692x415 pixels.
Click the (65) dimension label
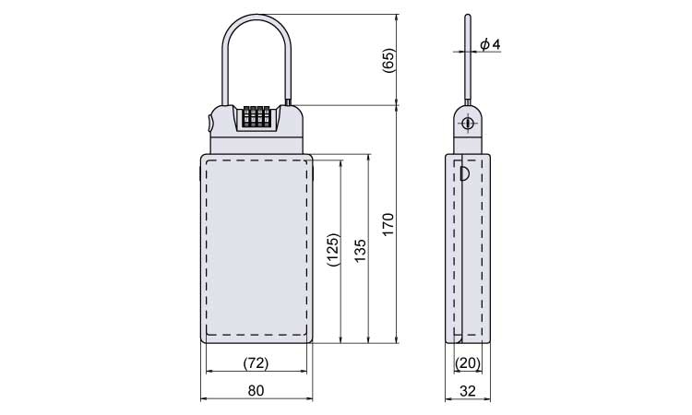point(389,61)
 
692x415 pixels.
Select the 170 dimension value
point(388,224)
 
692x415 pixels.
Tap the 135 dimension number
point(361,251)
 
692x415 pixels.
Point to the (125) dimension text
point(334,250)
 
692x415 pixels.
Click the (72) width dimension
point(256,363)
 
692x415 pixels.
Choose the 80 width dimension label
point(256,390)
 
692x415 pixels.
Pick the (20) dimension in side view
point(468,363)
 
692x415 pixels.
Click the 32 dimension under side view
point(468,391)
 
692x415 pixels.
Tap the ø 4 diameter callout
point(490,44)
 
